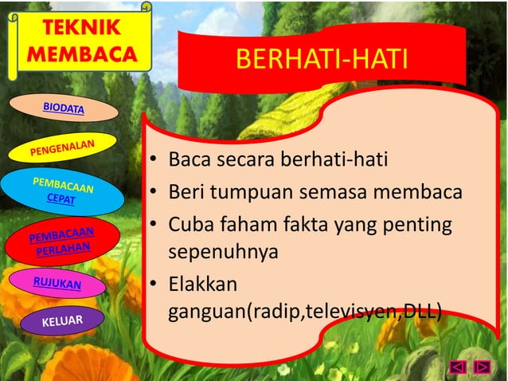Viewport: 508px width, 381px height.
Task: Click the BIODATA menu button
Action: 64,107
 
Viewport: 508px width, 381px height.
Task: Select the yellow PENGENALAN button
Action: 63,147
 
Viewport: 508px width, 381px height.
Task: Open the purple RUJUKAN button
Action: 57,283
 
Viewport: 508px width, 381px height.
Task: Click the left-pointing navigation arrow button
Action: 458,367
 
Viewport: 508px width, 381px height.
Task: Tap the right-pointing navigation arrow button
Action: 482,367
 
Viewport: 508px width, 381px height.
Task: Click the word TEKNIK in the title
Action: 77,29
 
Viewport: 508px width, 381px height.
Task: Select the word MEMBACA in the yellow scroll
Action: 76,54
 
